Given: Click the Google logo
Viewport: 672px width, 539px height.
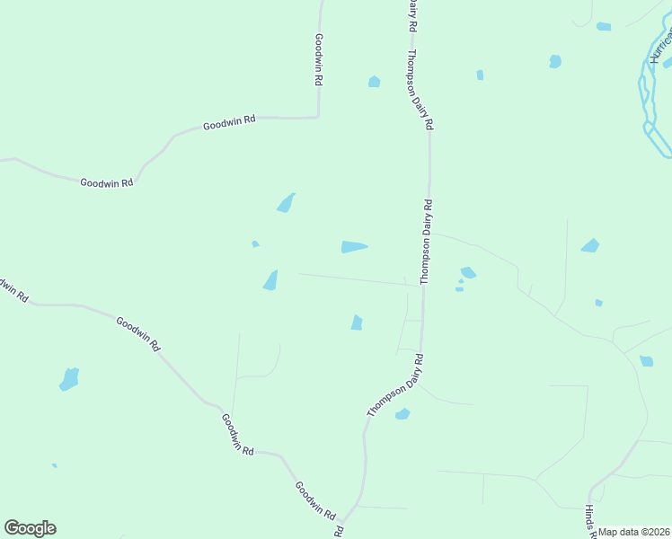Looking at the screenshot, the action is pyautogui.click(x=30, y=528).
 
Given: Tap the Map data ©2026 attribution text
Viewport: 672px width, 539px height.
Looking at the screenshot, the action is pyautogui.click(x=634, y=532).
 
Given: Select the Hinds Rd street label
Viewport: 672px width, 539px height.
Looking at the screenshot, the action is pyautogui.click(x=589, y=519).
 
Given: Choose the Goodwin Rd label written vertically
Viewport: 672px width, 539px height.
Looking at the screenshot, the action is pyautogui.click(x=319, y=59).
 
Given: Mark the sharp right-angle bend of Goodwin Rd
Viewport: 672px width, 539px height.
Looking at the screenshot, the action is pyautogui.click(x=318, y=116).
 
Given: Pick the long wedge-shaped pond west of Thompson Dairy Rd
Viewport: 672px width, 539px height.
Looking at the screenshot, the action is pyautogui.click(x=354, y=247).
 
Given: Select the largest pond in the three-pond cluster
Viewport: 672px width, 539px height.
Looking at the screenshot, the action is pyautogui.click(x=468, y=272).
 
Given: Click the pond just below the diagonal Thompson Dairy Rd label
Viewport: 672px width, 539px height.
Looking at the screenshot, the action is pyautogui.click(x=402, y=414).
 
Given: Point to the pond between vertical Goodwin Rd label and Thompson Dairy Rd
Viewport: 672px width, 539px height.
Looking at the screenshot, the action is pyautogui.click(x=374, y=82).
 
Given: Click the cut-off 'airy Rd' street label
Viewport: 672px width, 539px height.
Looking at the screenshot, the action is pyautogui.click(x=411, y=16).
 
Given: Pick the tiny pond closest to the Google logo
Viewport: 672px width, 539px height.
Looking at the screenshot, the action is pyautogui.click(x=55, y=465).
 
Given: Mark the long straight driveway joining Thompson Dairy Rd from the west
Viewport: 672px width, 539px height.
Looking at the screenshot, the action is pyautogui.click(x=359, y=279).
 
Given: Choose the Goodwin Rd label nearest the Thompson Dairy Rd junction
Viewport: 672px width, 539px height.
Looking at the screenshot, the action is pyautogui.click(x=315, y=500).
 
